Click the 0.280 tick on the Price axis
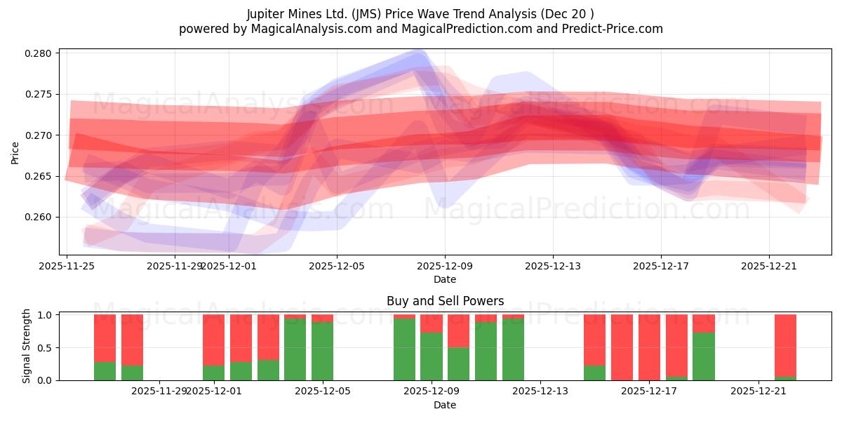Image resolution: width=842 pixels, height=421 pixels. pyautogui.click(x=39, y=53)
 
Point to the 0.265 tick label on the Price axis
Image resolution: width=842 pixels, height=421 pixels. pyautogui.click(x=39, y=176)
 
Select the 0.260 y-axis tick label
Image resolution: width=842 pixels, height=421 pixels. pyautogui.click(x=39, y=217)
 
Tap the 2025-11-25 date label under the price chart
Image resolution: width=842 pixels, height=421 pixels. pyautogui.click(x=67, y=266)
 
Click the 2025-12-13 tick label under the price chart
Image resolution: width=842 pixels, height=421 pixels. pyautogui.click(x=553, y=266)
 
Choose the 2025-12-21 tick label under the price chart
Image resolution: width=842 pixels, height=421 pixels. pyautogui.click(x=769, y=266)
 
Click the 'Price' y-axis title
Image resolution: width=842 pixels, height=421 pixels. pyautogui.click(x=15, y=152)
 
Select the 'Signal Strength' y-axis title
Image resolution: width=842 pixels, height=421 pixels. pyautogui.click(x=26, y=346)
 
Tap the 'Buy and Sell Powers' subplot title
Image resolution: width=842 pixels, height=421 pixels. pyautogui.click(x=445, y=301)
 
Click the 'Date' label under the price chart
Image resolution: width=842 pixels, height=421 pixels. pyautogui.click(x=445, y=279)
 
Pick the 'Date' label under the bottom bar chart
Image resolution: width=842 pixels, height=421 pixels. pyautogui.click(x=445, y=405)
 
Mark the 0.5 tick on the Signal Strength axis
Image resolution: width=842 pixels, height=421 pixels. pyautogui.click(x=46, y=348)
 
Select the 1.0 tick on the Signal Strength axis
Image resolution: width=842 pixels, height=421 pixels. pyautogui.click(x=46, y=315)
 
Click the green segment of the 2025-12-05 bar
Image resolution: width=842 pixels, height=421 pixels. pyautogui.click(x=323, y=351)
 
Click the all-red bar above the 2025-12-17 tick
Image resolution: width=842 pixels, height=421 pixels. pyautogui.click(x=649, y=347)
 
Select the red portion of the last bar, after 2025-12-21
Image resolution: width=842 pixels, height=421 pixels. pyautogui.click(x=785, y=345)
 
